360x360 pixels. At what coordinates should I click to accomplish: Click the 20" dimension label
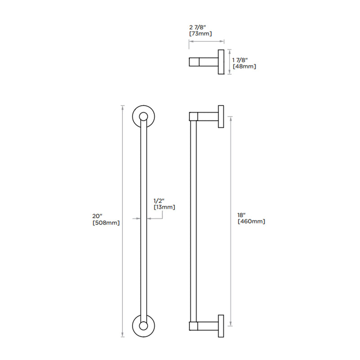tap(97, 216)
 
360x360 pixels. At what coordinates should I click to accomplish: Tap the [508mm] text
tap(106, 223)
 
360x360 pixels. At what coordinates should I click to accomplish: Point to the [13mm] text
tap(164, 207)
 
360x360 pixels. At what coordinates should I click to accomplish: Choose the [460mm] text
tap(251, 221)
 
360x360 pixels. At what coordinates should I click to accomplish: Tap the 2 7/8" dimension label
tap(198, 27)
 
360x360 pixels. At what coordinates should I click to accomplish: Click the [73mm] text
tap(200, 34)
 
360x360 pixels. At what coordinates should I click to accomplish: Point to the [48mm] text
tap(244, 67)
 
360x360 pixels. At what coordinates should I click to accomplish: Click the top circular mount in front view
tap(144, 117)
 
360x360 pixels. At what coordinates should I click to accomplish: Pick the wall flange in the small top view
tap(221, 62)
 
